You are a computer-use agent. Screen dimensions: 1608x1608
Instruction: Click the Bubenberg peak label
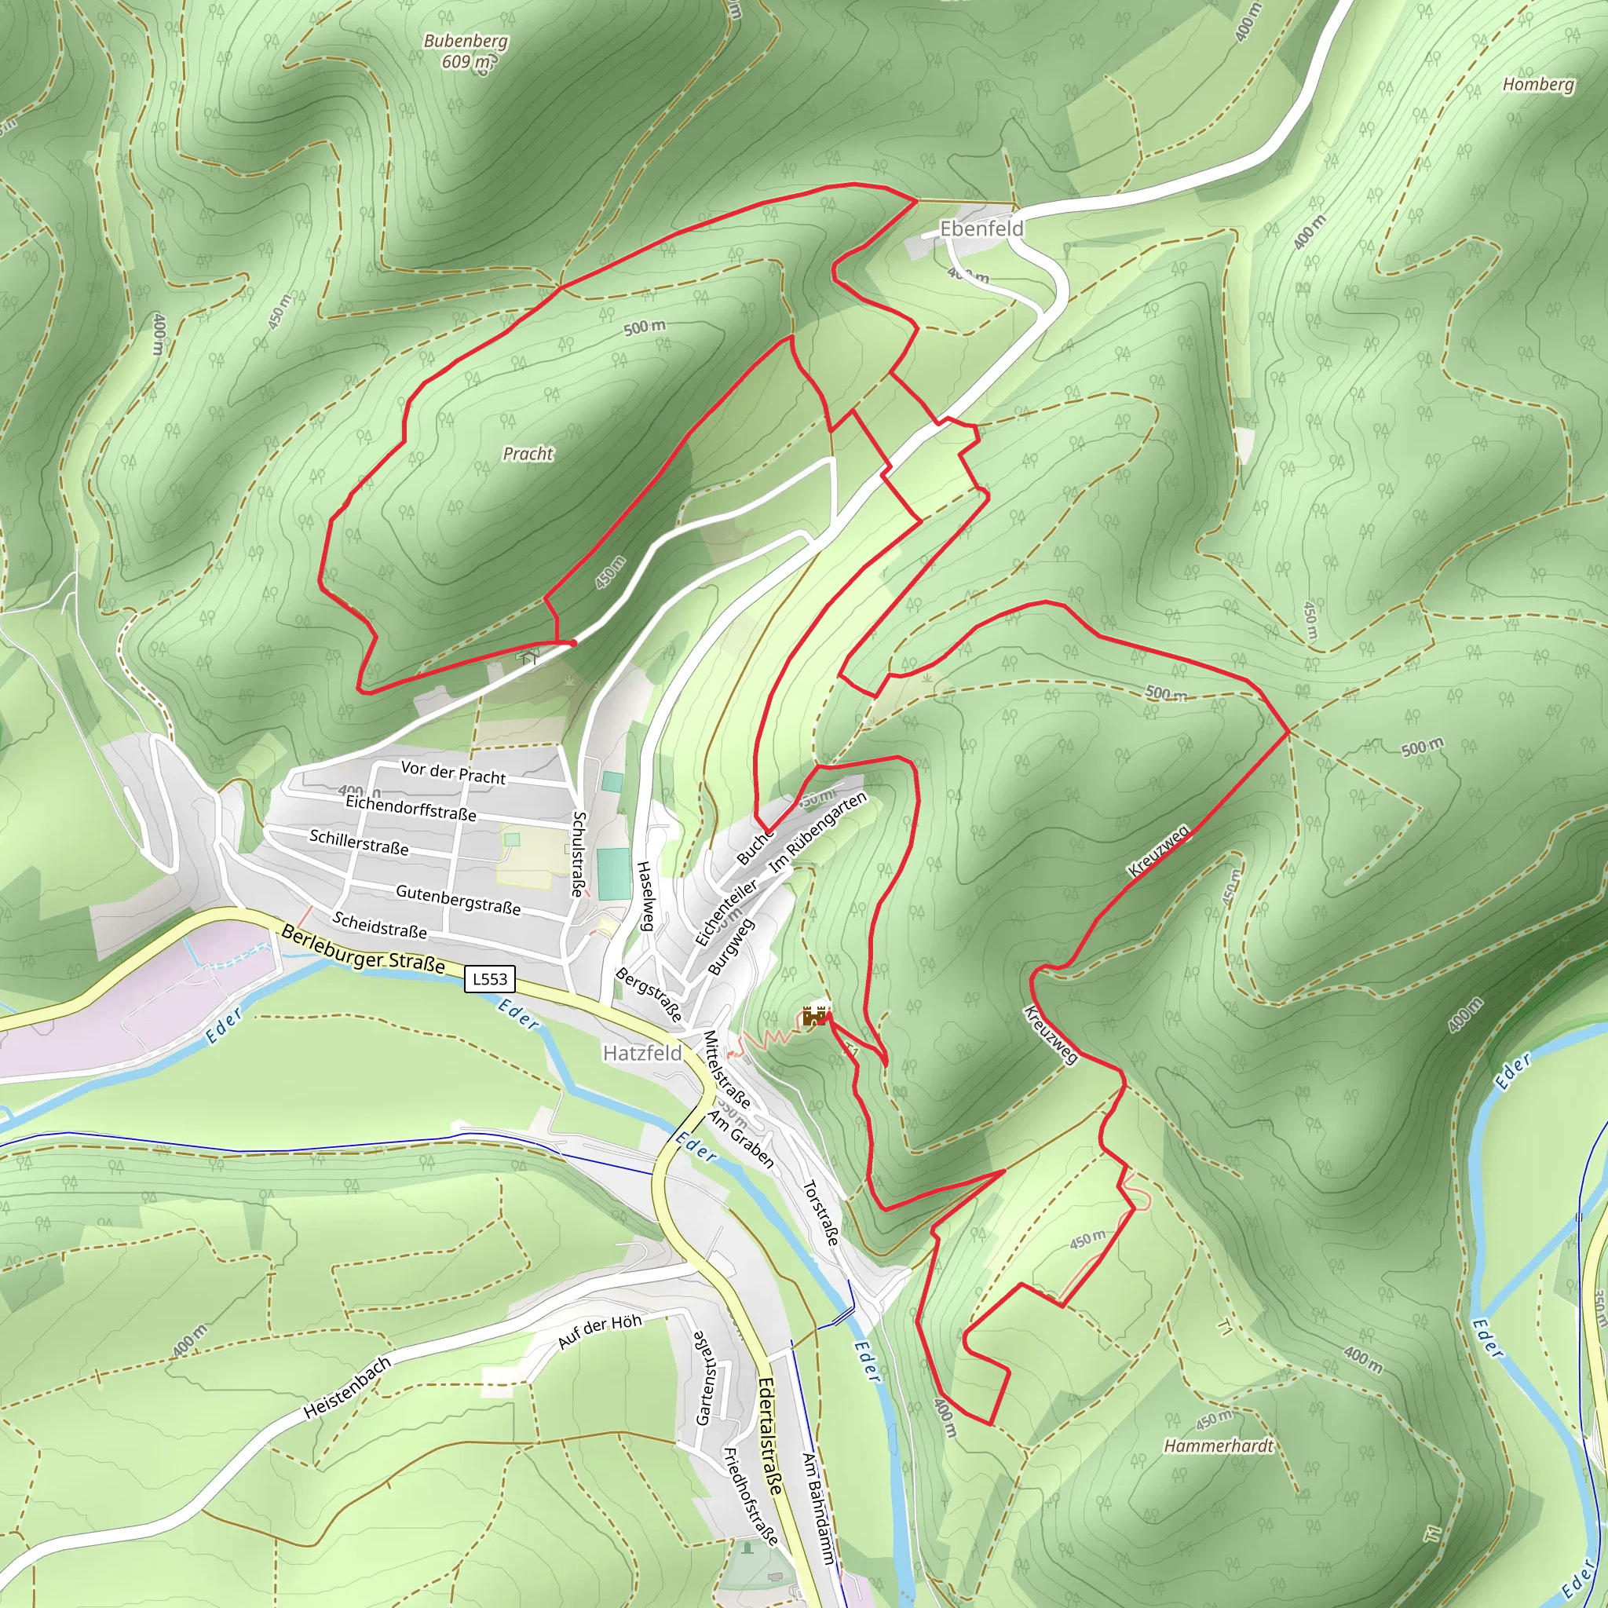[466, 51]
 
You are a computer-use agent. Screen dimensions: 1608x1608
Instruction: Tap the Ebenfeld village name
[981, 228]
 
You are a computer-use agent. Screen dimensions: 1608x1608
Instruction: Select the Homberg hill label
[1538, 84]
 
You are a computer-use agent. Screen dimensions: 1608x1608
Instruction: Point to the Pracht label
[528, 454]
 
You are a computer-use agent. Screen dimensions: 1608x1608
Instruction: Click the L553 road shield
[489, 979]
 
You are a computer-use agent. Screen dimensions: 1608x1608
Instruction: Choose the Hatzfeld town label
[641, 1053]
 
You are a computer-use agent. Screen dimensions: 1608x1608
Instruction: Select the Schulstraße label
[579, 853]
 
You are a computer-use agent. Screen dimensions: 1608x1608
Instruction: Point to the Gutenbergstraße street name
[458, 900]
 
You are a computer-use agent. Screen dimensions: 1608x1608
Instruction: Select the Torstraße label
[820, 1212]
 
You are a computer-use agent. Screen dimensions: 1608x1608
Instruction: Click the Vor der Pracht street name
[453, 773]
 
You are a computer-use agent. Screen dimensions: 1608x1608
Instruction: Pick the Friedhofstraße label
[751, 1497]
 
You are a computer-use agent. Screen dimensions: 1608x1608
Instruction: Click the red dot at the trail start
[572, 642]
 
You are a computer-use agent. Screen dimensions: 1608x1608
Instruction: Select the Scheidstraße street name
[379, 925]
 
